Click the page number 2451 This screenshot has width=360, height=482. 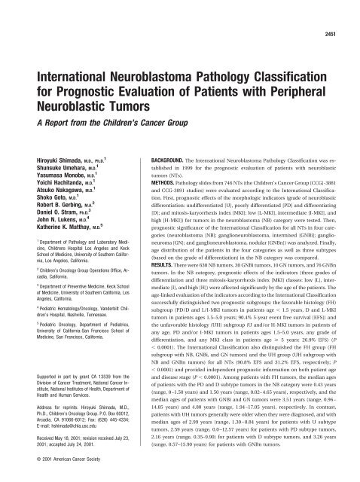(x=341, y=15)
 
